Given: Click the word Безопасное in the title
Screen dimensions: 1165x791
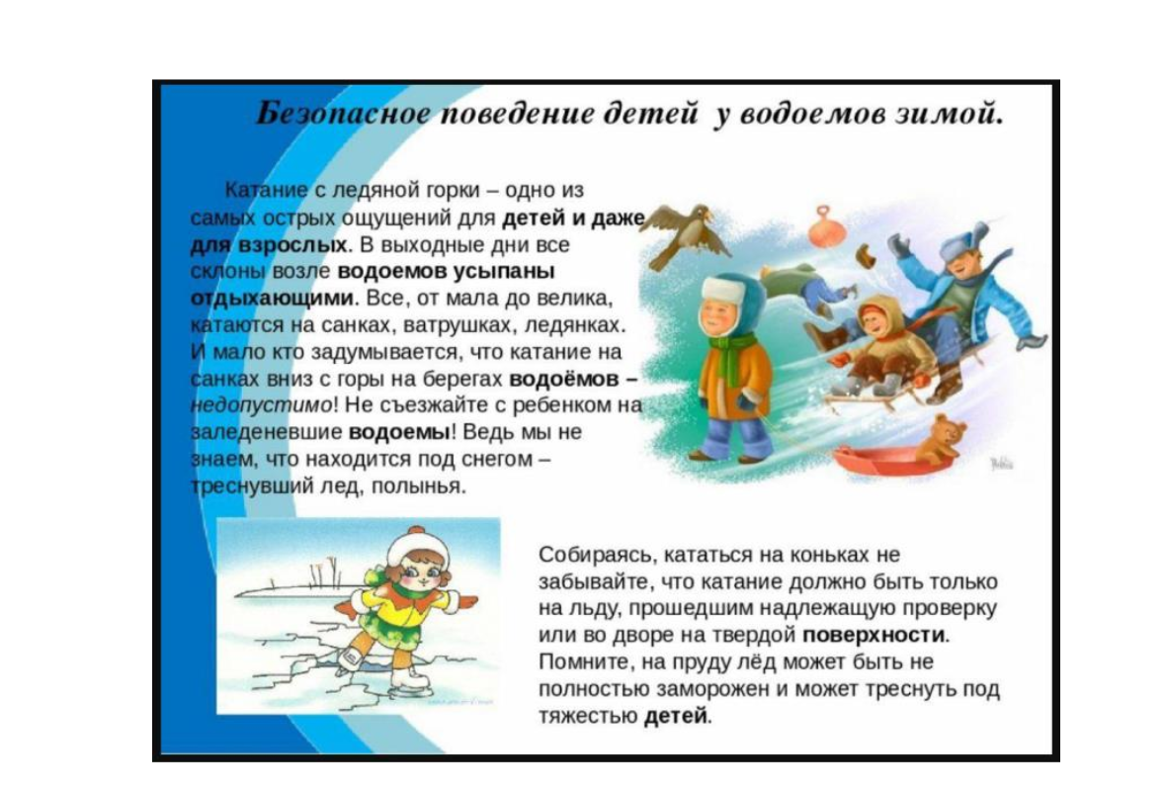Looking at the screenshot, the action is pos(343,114).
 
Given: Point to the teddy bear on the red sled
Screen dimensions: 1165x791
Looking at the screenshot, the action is pos(941,439).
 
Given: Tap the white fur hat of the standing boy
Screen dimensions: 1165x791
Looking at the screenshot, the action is pos(723,291).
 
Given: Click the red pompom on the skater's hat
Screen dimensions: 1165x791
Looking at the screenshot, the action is pos(417,532).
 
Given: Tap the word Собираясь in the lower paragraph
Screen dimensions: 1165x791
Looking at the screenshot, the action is pos(597,556).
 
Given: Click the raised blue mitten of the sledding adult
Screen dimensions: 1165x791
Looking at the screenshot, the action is pos(899,245).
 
